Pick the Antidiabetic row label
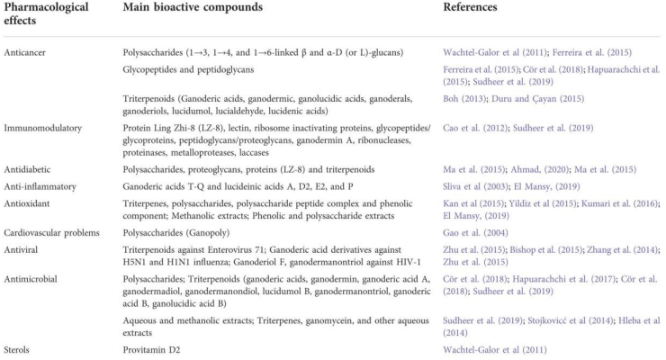28,168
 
